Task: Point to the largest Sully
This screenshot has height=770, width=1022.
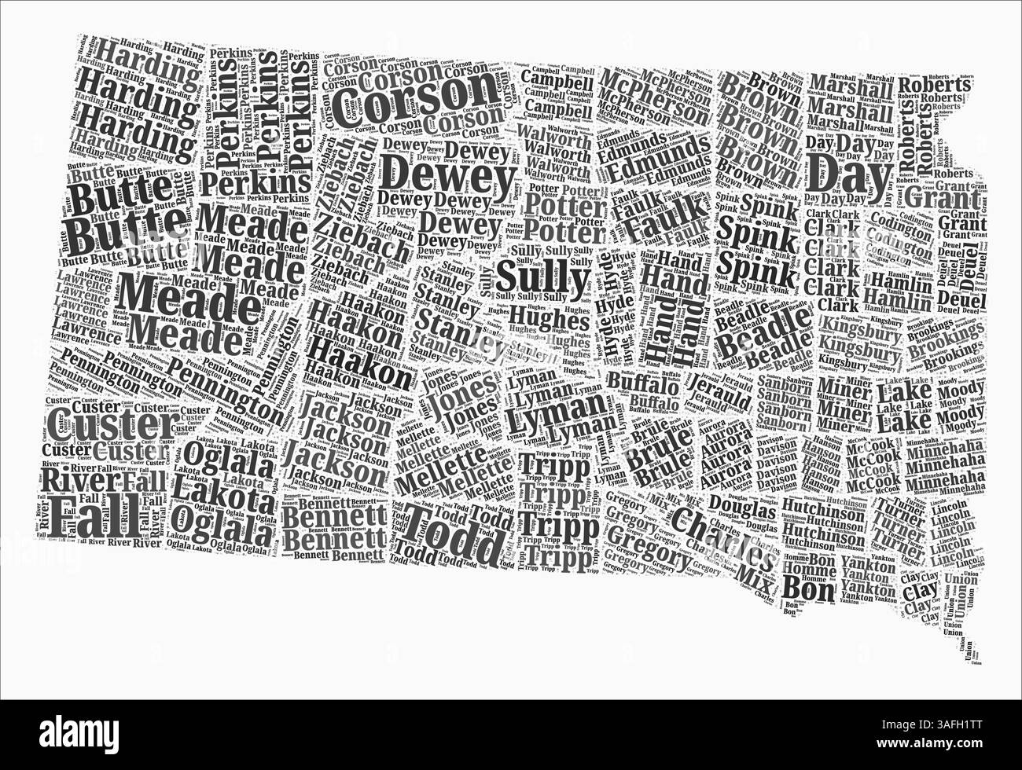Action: (x=543, y=277)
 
